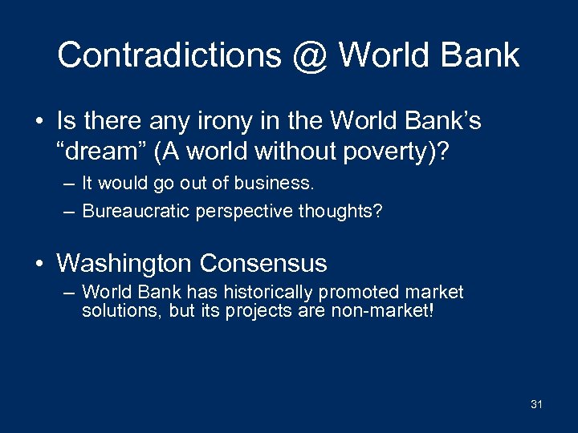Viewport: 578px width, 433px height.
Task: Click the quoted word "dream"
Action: coord(97,150)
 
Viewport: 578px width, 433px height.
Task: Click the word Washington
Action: coord(124,262)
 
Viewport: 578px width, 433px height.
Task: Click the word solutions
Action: coord(122,311)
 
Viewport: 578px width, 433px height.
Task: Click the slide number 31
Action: coord(536,405)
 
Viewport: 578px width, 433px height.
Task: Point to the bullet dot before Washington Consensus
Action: coord(39,263)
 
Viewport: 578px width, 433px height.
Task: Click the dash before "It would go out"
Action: coord(69,184)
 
